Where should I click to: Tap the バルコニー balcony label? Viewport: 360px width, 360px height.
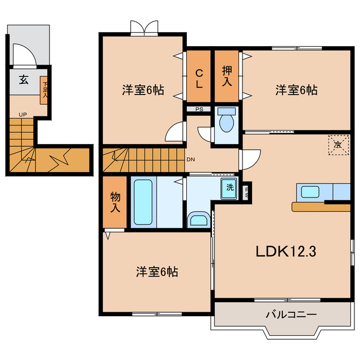pos(291,315)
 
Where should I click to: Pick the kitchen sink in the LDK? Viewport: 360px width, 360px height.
pos(310,192)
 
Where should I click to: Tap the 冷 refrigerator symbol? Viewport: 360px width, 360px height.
pos(338,145)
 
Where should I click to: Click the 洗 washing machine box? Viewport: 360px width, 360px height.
pos(231,187)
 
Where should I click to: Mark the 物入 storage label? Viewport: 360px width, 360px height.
pos(115,202)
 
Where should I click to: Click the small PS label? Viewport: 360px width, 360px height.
pos(199,109)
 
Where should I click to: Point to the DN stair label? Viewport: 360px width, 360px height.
pos(191,159)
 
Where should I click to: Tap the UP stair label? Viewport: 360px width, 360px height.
pos(22,115)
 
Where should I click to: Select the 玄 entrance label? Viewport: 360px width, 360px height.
pos(24,80)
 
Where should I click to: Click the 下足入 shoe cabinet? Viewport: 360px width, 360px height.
pos(44,90)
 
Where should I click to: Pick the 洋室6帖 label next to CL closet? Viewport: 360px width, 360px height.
pos(143,90)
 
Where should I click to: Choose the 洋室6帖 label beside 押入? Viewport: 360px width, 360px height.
pos(296,90)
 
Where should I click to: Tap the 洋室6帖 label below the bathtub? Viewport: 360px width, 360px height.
pos(157,272)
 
